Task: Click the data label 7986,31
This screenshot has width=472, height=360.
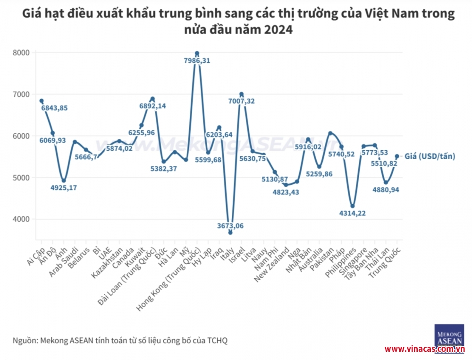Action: [x=197, y=61]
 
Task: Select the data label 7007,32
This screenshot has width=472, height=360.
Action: [x=241, y=102]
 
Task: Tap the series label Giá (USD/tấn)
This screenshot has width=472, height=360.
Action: [x=430, y=156]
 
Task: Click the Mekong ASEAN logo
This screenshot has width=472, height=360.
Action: [x=448, y=335]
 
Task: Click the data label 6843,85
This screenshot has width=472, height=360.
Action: [x=54, y=108]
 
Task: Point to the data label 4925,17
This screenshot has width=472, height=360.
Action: [x=64, y=188]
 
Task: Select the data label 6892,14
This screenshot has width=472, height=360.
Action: [x=152, y=106]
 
